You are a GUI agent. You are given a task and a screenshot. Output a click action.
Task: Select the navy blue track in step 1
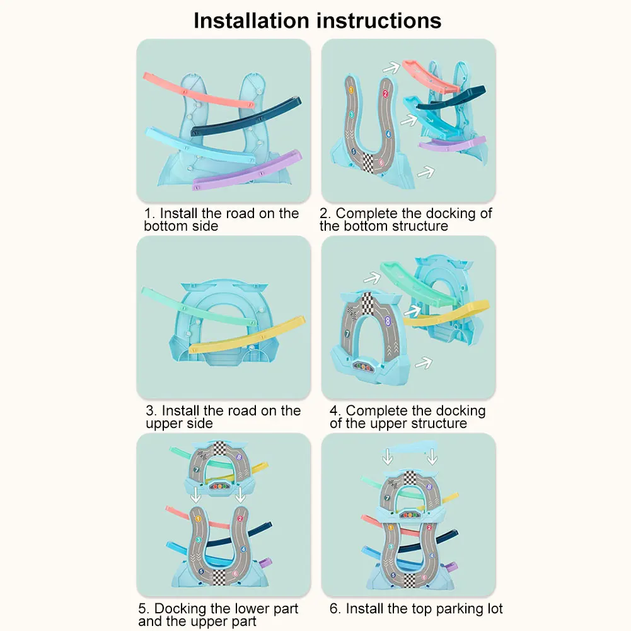click(246, 117)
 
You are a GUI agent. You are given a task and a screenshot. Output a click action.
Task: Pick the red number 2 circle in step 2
click(385, 94)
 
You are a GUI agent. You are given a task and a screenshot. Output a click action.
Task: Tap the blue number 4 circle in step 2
click(388, 134)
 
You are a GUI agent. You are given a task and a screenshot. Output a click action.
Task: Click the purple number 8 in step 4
click(388, 320)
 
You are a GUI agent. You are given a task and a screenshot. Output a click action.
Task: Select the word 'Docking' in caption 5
click(180, 609)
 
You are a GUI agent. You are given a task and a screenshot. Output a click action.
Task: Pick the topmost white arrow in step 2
click(393, 66)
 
